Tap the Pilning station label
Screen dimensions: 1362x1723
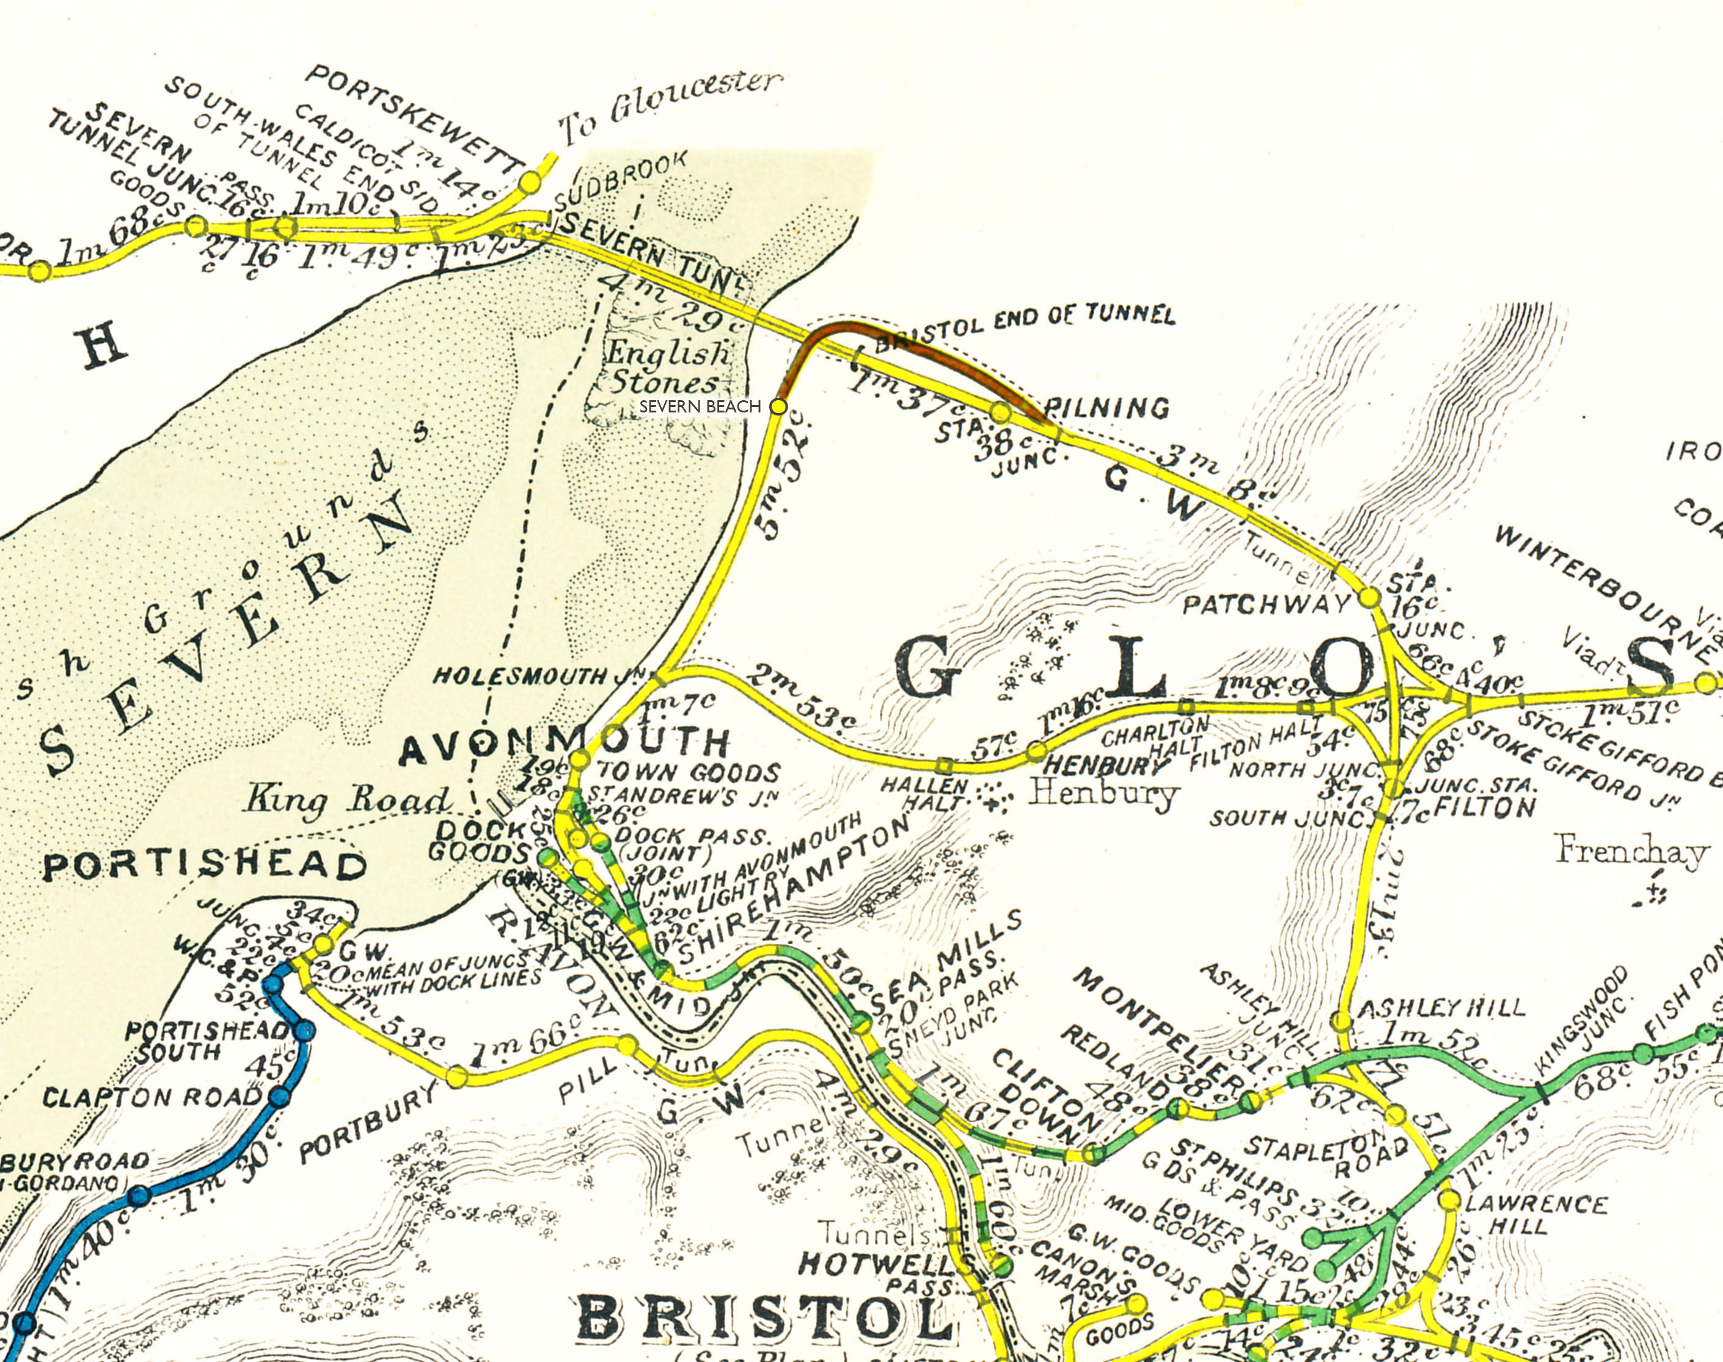[1107, 408]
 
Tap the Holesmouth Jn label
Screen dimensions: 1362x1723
[542, 677]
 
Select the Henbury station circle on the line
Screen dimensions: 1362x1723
[1036, 750]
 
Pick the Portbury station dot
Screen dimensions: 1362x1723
[456, 1077]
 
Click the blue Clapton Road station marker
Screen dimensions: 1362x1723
[278, 1097]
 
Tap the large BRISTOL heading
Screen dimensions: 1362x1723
[766, 1318]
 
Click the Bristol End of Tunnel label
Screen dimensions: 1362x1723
[1025, 324]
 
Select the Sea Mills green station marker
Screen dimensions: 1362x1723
[861, 1022]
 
